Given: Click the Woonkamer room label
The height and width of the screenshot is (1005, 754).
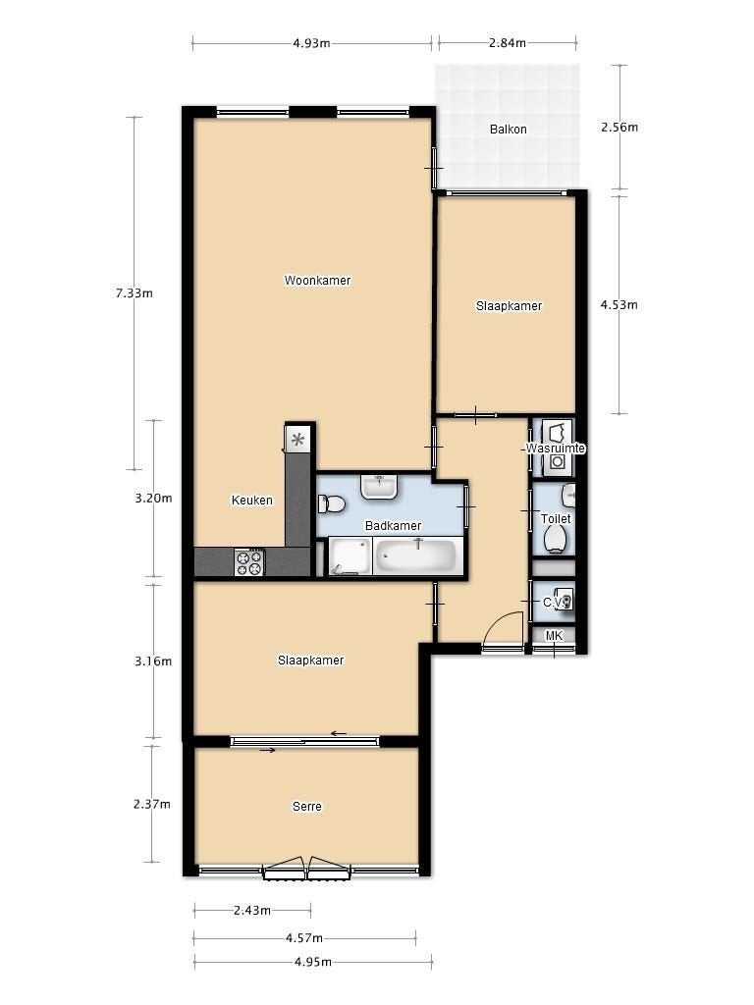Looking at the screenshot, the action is click(317, 280).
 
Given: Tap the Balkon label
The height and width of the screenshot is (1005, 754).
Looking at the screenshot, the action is click(508, 129).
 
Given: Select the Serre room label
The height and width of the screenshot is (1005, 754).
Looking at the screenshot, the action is click(306, 807).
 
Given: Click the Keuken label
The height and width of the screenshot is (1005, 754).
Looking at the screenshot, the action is click(252, 500).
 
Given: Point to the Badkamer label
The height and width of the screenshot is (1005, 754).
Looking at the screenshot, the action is click(393, 526).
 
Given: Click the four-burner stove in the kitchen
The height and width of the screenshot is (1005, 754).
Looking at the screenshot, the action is click(250, 562).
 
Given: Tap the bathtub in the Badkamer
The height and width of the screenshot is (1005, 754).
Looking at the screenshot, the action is click(416, 556).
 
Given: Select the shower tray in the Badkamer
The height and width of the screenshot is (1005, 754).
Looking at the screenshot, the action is click(350, 556).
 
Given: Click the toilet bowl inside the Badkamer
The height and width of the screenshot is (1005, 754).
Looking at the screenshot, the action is click(332, 503).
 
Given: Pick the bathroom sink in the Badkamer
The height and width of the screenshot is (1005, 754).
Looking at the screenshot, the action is click(380, 487).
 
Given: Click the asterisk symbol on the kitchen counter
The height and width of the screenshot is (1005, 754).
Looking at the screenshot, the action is click(297, 441).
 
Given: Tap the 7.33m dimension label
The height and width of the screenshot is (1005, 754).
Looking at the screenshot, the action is click(134, 292).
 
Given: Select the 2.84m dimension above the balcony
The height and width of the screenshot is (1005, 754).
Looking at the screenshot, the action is click(508, 43).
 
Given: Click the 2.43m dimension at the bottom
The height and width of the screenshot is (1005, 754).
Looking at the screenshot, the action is click(252, 910).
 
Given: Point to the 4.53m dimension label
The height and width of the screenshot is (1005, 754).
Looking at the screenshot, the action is click(619, 304).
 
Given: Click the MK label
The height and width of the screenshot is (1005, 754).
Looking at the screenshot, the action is click(554, 636).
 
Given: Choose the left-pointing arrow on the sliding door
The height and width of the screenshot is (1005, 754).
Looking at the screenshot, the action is click(339, 734).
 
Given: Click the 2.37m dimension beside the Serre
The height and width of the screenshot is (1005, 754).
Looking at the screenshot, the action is click(152, 804).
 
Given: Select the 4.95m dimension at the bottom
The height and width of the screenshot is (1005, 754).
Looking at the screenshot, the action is click(313, 962).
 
